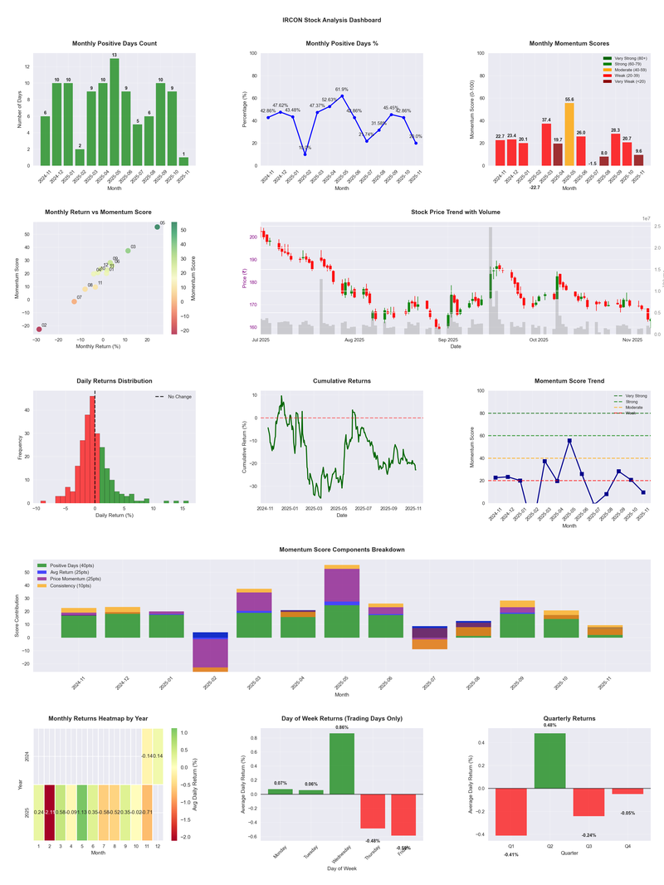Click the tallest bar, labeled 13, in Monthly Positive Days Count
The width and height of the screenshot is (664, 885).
[x=115, y=112]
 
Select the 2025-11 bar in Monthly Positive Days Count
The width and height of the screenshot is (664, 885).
[x=183, y=161]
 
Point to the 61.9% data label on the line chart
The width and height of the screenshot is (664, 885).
[x=342, y=89]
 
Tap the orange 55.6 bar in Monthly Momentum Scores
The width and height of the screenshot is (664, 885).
[x=569, y=134]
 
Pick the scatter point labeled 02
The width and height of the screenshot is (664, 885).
[x=38, y=330]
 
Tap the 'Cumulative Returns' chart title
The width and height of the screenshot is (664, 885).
[x=342, y=380]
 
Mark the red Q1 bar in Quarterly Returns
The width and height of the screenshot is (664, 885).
[x=510, y=812]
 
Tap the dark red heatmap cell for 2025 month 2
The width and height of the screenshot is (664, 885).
[x=50, y=812]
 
